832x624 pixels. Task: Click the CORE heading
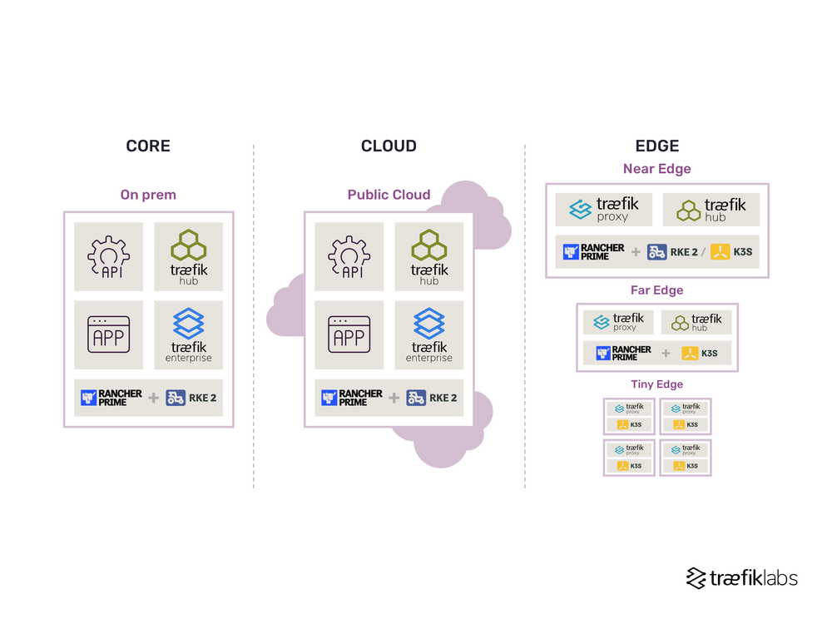[148, 146]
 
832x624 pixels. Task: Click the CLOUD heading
[389, 146]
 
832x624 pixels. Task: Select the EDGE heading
[657, 146]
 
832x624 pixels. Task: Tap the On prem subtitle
[148, 195]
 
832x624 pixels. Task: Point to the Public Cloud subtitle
[389, 195]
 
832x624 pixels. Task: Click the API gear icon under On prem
[108, 256]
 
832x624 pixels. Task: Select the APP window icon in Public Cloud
[349, 334]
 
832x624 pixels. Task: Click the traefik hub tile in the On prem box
[189, 256]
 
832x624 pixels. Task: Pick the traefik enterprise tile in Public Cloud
[429, 334]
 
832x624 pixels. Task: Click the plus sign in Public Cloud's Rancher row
[394, 398]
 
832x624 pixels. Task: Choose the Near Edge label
[657, 169]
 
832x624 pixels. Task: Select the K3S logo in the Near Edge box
[731, 252]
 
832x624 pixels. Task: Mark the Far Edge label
[657, 290]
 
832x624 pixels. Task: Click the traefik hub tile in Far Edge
[696, 322]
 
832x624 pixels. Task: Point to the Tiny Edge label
[657, 384]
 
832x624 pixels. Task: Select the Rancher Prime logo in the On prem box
[111, 398]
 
